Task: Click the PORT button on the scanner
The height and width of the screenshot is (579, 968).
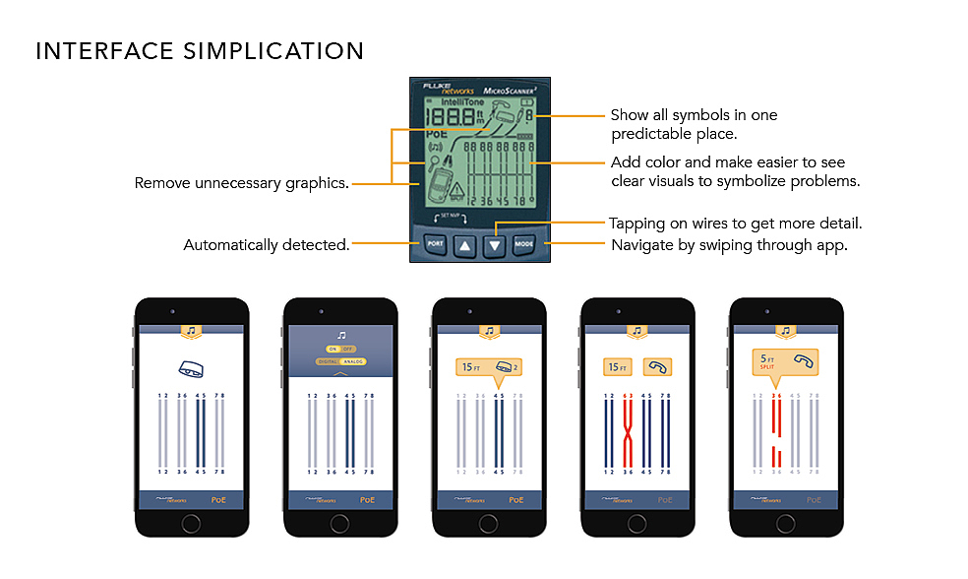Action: coord(435,242)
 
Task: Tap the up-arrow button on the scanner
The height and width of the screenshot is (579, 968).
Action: coord(464,244)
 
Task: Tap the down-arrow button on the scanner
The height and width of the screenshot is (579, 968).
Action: coord(495,244)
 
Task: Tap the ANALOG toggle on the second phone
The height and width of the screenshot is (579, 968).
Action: coord(349,361)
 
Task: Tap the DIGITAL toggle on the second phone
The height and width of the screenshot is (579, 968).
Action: coord(328,361)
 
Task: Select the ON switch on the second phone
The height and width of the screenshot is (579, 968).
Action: coord(333,350)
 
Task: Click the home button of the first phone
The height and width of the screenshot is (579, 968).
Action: coord(191,523)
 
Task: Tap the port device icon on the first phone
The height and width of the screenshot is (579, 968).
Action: coord(191,369)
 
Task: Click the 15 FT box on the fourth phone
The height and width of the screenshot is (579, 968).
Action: coord(617,367)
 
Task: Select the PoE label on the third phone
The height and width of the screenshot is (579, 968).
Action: coord(515,499)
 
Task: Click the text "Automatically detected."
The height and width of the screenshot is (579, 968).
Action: coord(267,245)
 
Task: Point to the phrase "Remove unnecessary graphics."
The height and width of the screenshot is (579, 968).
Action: coord(242,183)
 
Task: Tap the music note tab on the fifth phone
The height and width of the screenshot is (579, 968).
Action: coord(785,332)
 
